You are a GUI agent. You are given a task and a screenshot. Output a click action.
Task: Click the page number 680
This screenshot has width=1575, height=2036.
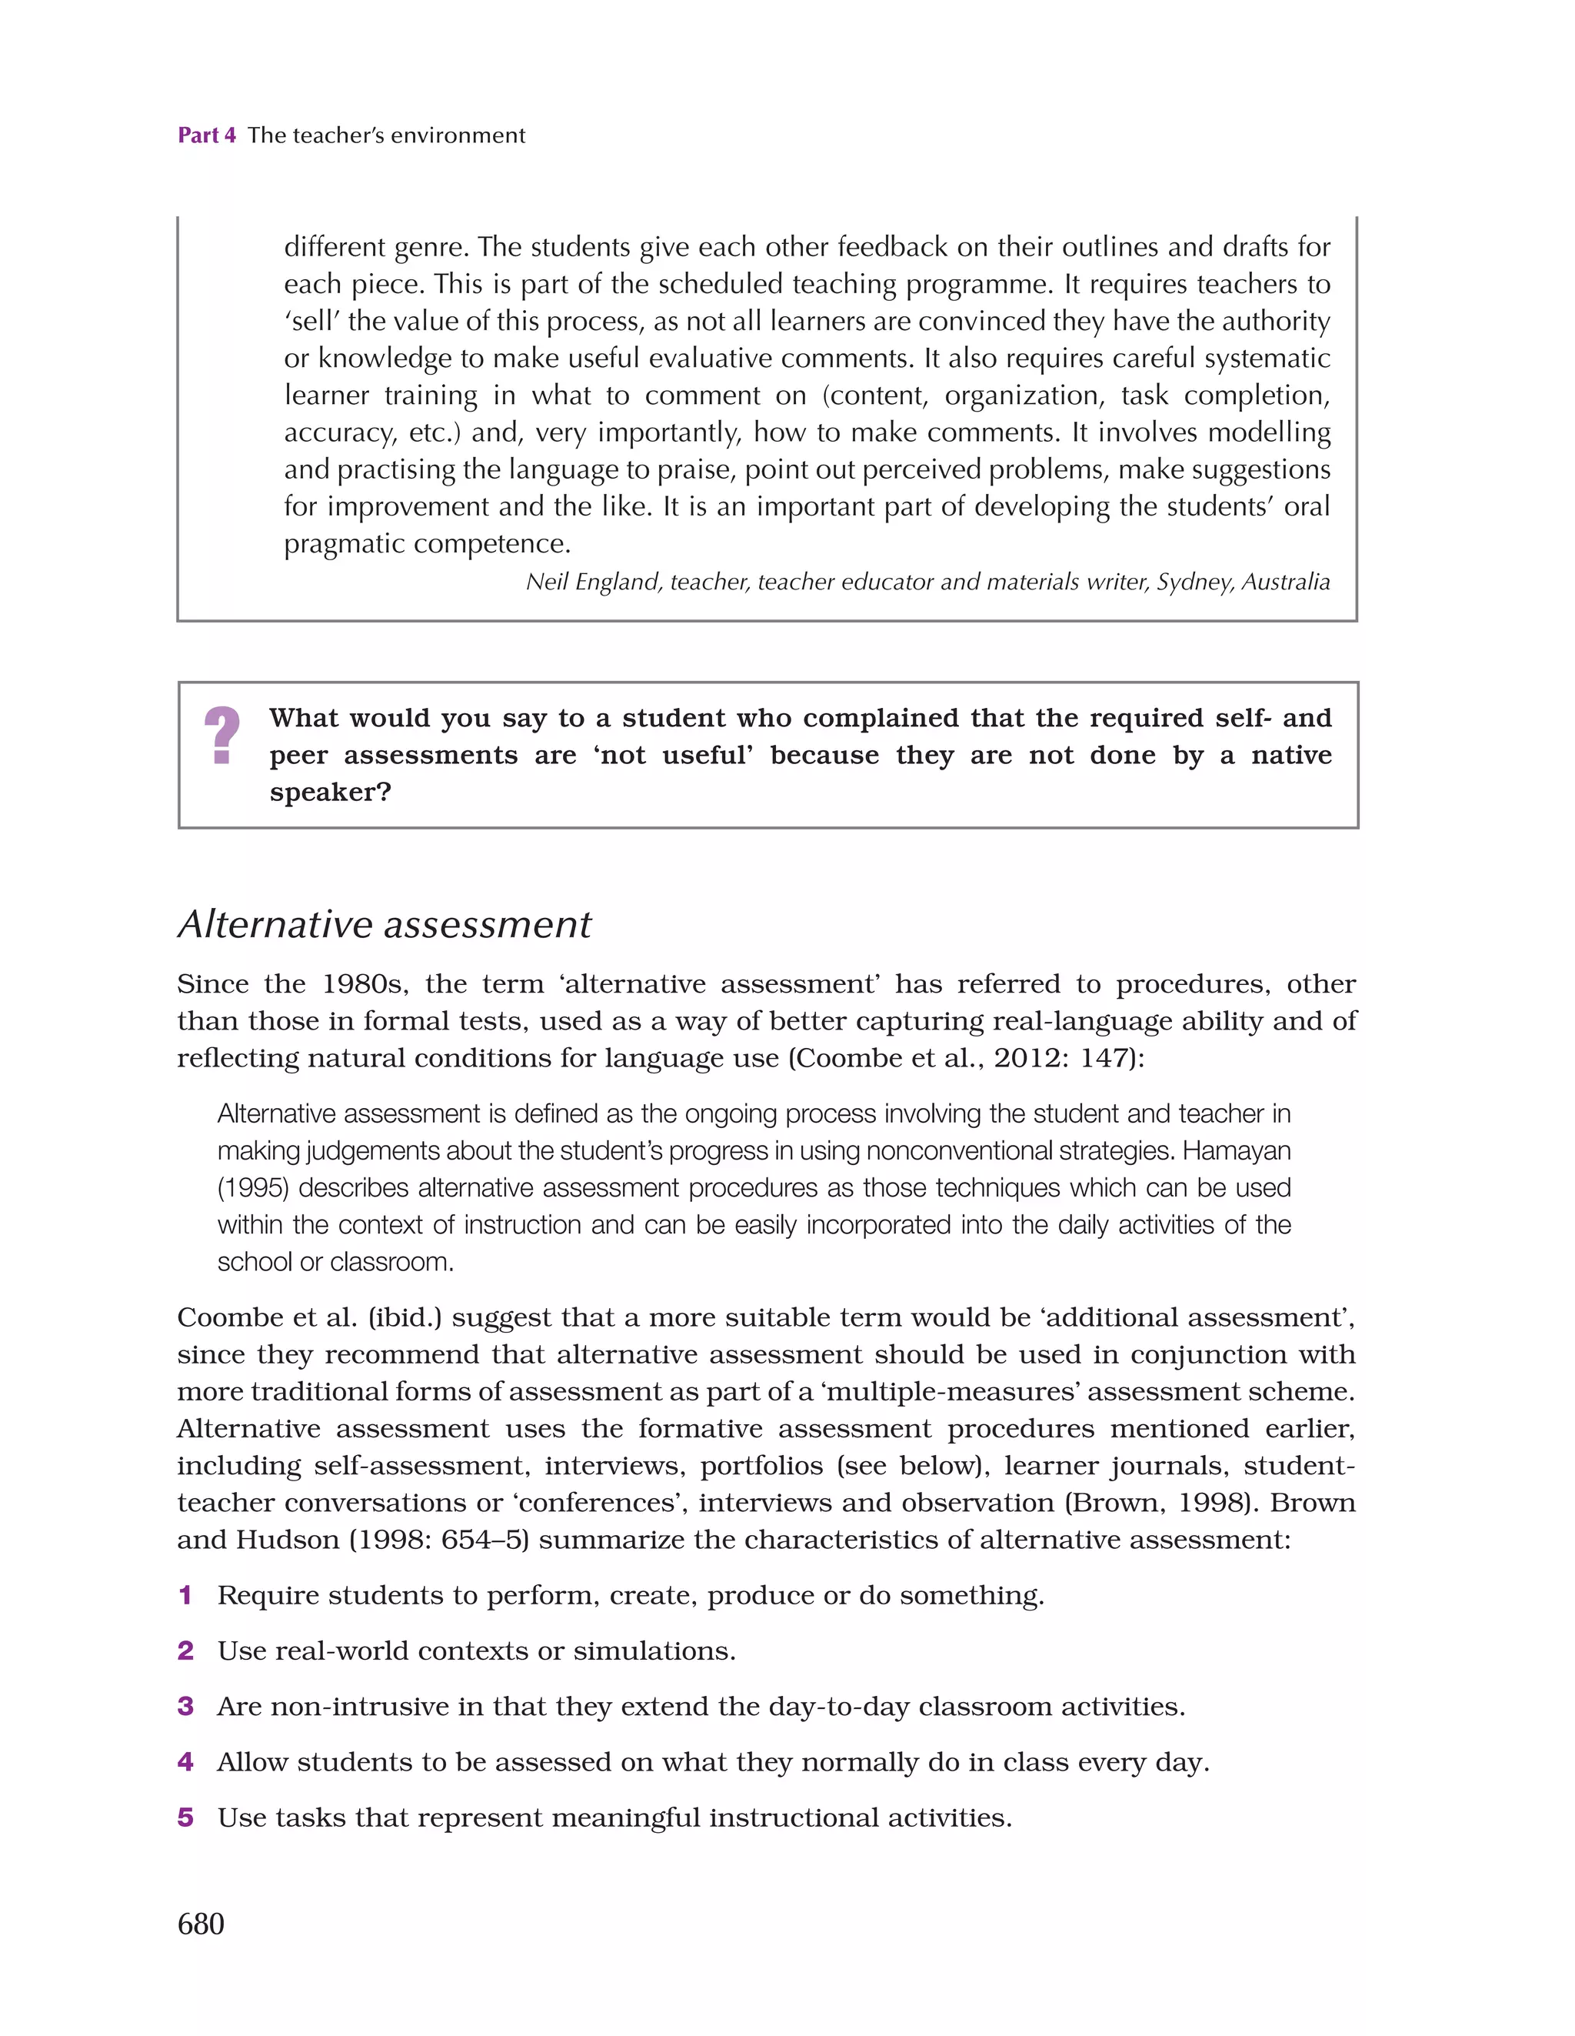(201, 1923)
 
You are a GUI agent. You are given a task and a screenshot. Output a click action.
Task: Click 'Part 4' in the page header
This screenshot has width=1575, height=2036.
(206, 135)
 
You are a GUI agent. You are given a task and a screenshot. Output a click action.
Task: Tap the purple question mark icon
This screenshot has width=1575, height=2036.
(221, 736)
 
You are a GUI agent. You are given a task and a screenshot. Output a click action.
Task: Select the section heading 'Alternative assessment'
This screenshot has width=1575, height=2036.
(384, 925)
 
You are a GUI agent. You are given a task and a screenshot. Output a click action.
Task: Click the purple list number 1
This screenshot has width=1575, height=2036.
(185, 1595)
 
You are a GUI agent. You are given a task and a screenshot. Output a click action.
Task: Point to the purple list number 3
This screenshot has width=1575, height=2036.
(185, 1706)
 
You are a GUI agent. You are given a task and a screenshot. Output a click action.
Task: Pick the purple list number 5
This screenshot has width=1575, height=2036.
(185, 1817)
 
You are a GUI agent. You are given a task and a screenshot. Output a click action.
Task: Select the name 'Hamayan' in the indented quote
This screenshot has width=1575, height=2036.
(1237, 1151)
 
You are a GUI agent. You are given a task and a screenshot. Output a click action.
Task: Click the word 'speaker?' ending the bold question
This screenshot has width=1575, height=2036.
(330, 793)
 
